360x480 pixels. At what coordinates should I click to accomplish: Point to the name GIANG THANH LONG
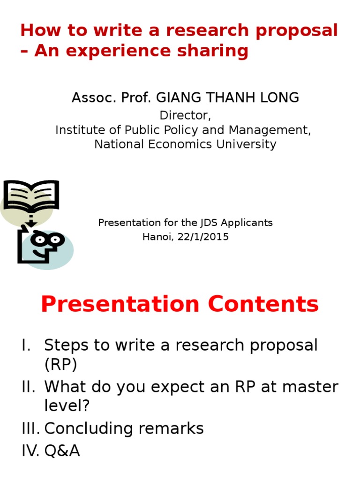(227, 98)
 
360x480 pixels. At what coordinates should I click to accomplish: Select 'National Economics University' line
(185, 144)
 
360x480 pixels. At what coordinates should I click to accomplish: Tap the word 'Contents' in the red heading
(263, 304)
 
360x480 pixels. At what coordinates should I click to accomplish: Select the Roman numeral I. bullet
(26, 345)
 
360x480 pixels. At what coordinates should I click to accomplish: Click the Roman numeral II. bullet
(29, 387)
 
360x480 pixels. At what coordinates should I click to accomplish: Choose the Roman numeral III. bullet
(31, 428)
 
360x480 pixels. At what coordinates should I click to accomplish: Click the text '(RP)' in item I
(61, 365)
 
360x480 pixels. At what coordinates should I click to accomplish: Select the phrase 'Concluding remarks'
(124, 428)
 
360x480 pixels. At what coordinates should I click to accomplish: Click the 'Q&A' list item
(62, 451)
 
